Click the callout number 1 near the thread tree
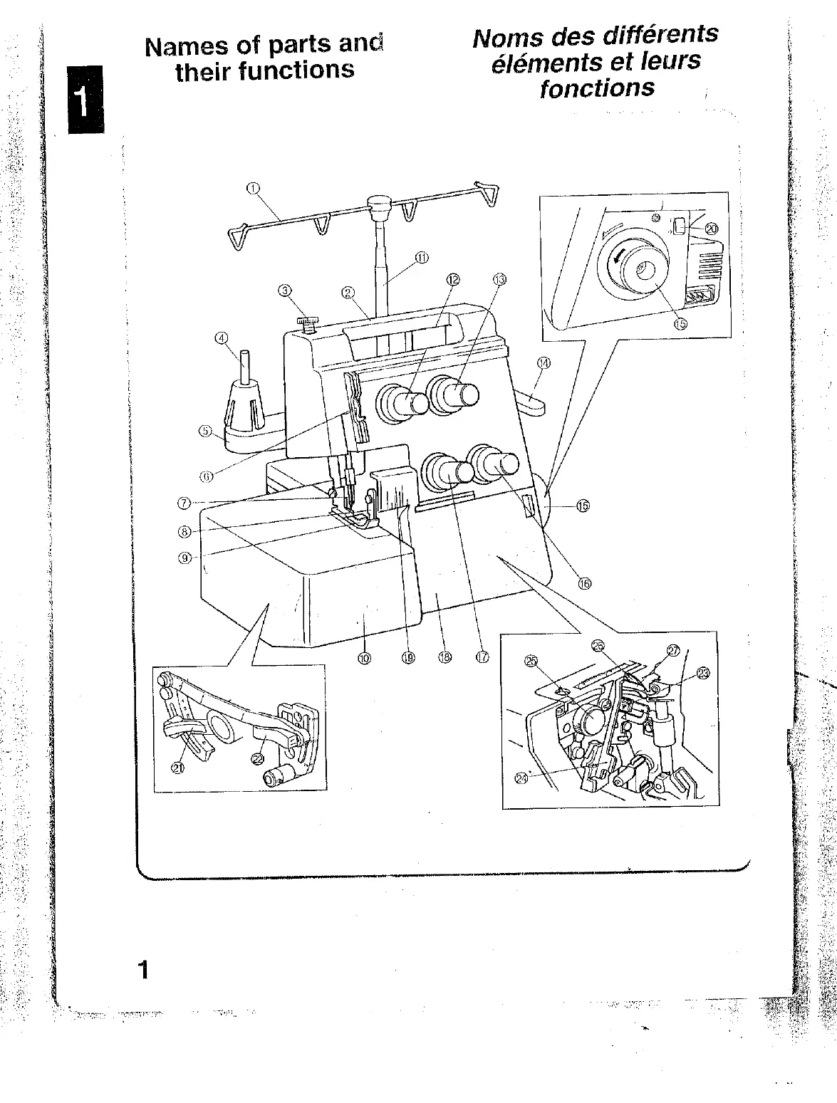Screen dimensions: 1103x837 (x=252, y=189)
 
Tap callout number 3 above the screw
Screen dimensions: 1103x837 (x=285, y=291)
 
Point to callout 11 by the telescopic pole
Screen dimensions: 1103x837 (x=421, y=258)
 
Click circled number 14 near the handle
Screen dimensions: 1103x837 (x=544, y=362)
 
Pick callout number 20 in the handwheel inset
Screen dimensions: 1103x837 (x=711, y=229)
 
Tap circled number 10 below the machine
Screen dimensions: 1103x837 (x=364, y=658)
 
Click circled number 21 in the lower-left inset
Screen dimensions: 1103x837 (x=176, y=767)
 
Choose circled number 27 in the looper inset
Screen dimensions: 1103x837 (x=672, y=649)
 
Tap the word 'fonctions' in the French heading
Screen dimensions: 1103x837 (x=597, y=88)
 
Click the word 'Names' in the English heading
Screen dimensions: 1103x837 (x=176, y=47)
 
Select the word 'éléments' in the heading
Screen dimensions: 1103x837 (x=536, y=62)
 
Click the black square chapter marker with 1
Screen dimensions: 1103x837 (x=85, y=99)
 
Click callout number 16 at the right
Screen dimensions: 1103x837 (x=584, y=583)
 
